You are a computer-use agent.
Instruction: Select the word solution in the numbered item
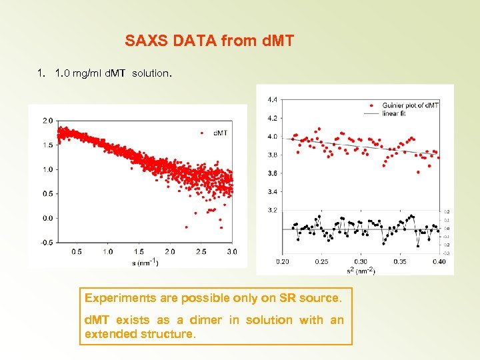(151, 73)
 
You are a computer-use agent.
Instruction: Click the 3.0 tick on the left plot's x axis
(232, 251)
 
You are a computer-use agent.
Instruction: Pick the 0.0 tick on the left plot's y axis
(48, 218)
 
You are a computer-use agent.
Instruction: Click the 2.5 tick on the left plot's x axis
(201, 251)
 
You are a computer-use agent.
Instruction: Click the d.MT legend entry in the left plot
(220, 133)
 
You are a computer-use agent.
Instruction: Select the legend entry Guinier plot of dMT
(410, 105)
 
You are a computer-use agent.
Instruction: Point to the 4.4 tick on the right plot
(273, 100)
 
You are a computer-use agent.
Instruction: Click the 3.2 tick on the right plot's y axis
(273, 210)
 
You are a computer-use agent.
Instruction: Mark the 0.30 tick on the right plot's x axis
(360, 262)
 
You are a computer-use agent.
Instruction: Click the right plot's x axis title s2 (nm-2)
(359, 271)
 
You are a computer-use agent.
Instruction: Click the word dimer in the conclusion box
(204, 320)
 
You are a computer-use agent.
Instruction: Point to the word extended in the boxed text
(110, 333)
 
